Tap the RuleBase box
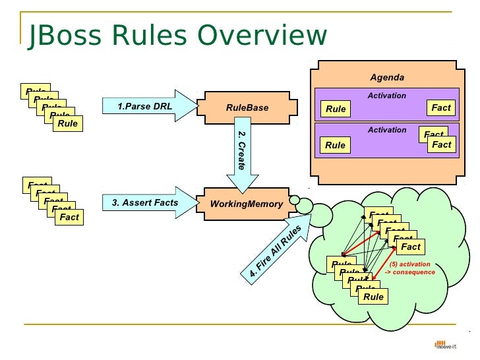(x=247, y=107)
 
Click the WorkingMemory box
(x=246, y=204)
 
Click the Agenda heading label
(x=386, y=77)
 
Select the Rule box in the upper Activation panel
(x=336, y=109)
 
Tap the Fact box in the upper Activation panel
(x=441, y=107)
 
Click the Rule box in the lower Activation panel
(x=336, y=145)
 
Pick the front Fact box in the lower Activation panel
(x=441, y=144)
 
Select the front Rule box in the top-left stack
(x=67, y=123)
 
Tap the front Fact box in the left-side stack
(x=69, y=217)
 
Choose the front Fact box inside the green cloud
(x=410, y=247)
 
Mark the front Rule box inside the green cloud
(x=373, y=297)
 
